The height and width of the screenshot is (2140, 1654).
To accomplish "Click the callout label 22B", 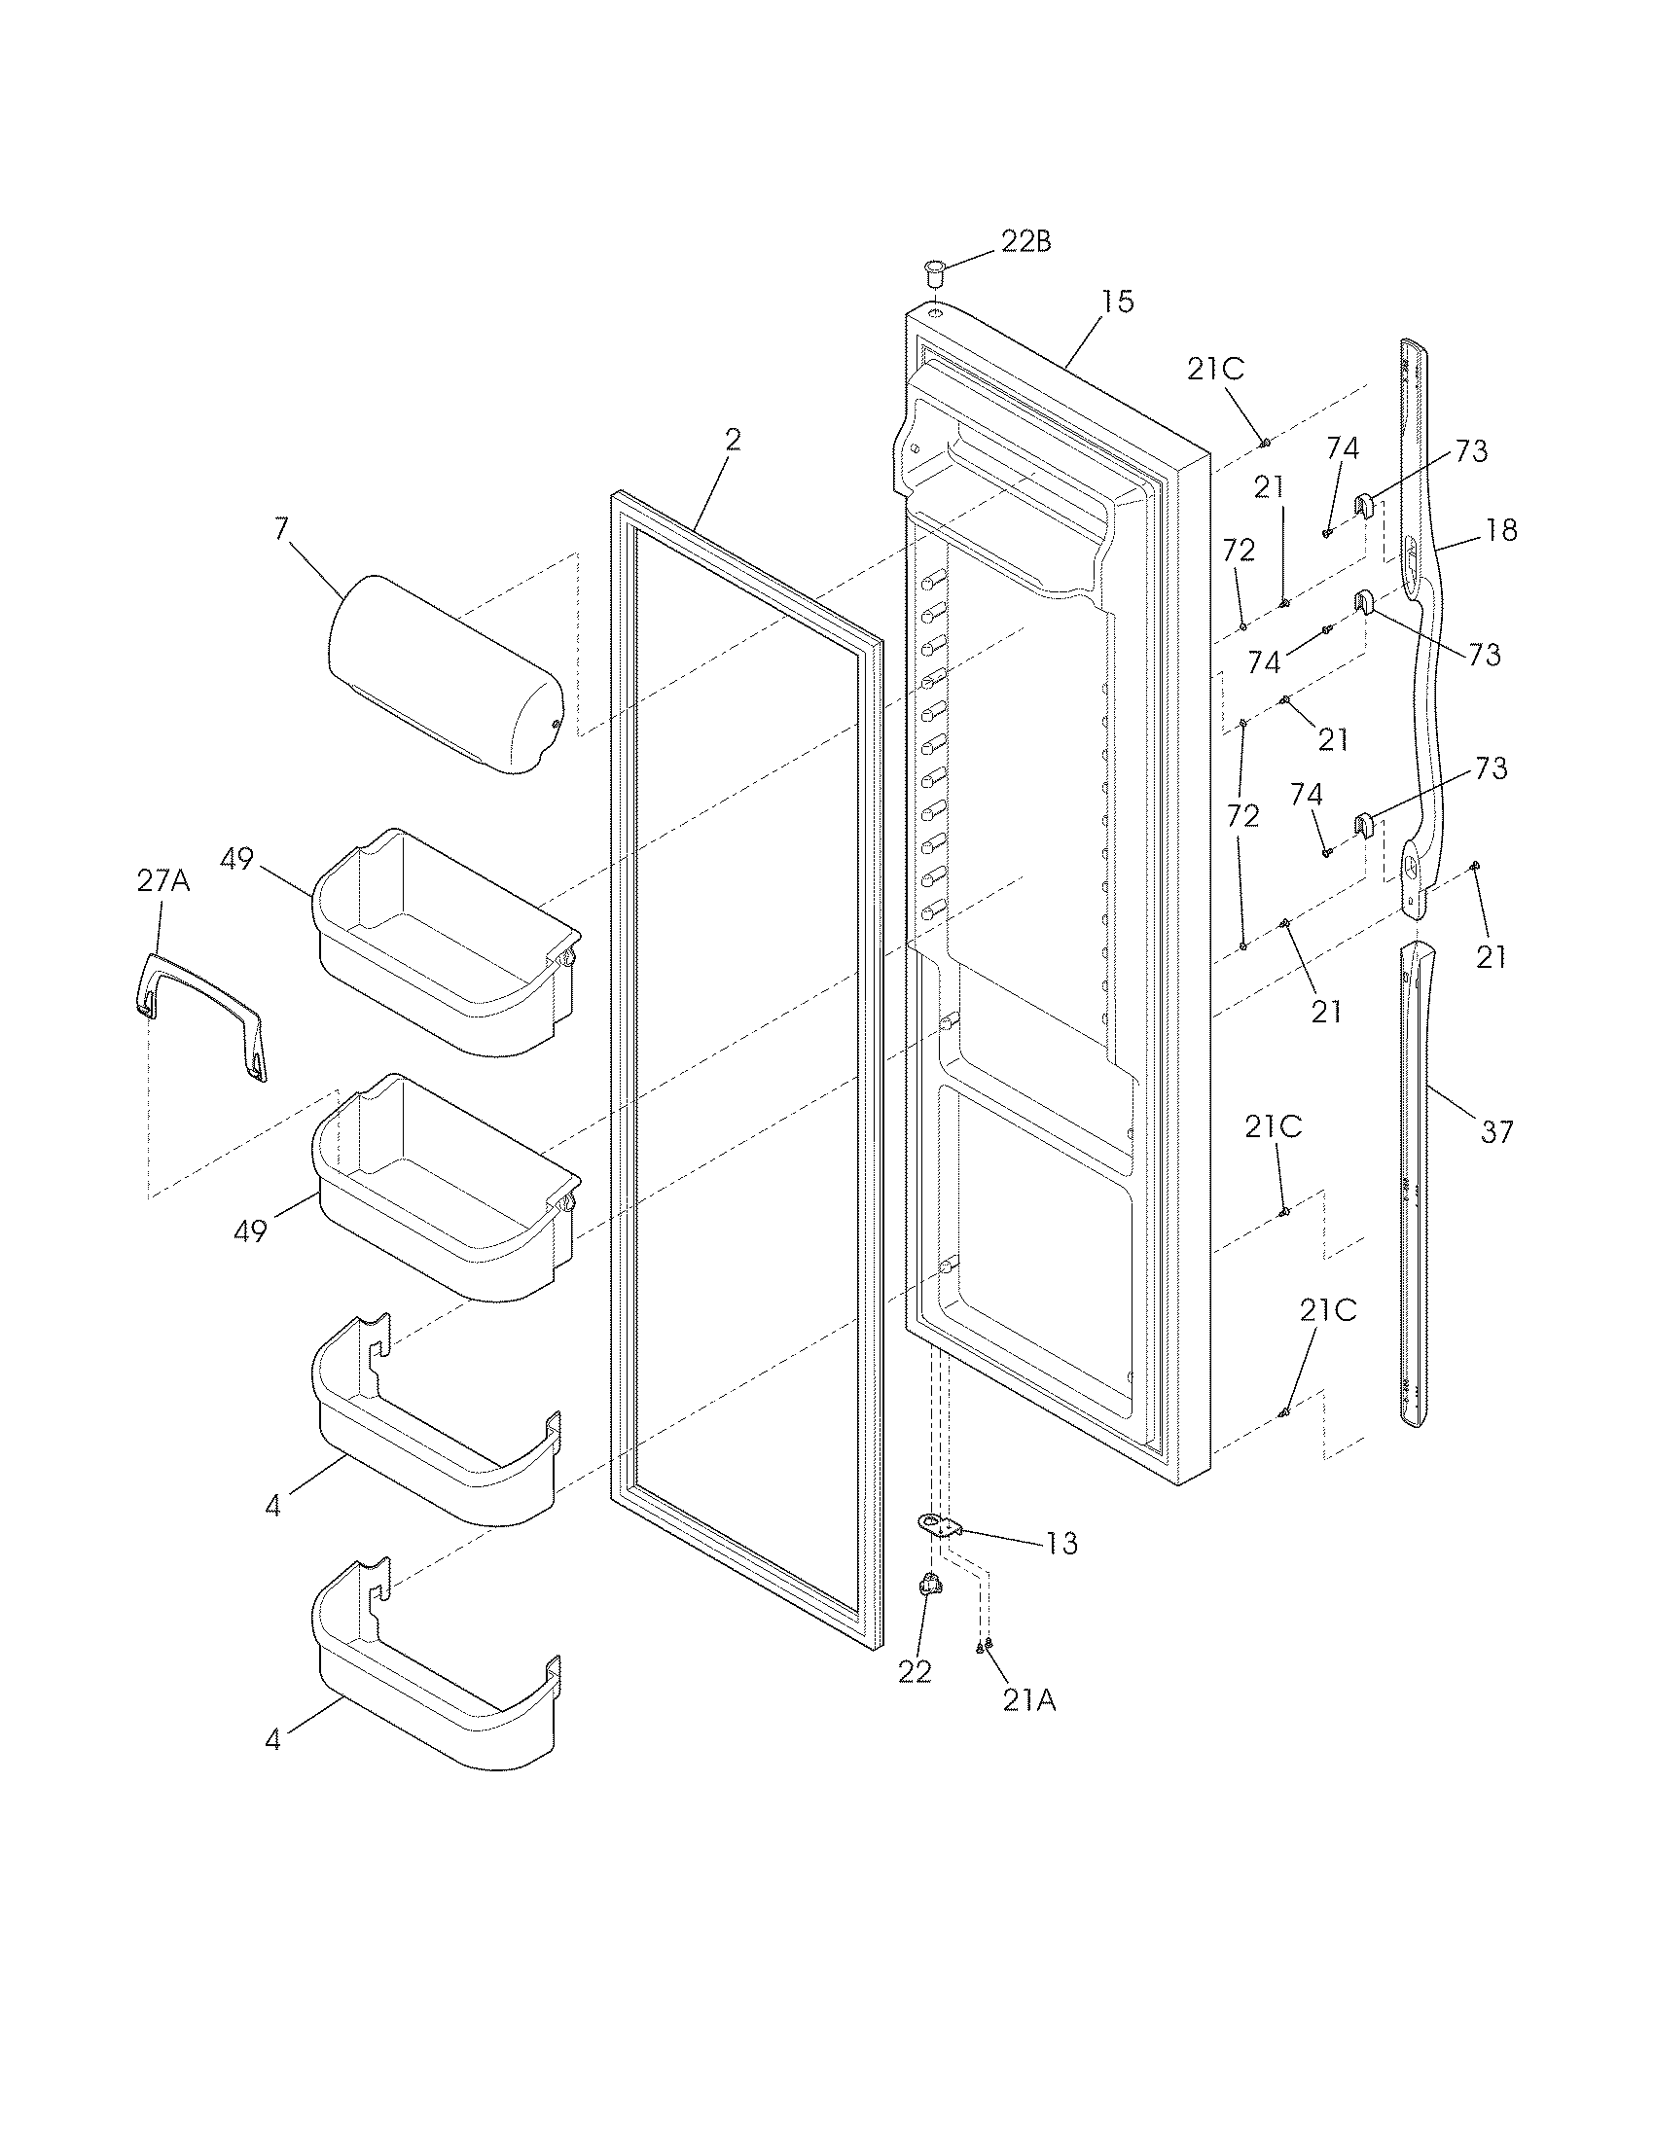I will tap(1025, 241).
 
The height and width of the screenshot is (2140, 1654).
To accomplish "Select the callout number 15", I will tap(1116, 302).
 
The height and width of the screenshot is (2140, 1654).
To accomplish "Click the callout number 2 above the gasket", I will tap(733, 440).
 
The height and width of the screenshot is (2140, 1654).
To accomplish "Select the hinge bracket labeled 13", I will tap(940, 1524).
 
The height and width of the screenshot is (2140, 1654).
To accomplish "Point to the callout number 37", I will tap(1496, 1132).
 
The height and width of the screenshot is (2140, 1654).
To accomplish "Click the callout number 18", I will tap(1501, 530).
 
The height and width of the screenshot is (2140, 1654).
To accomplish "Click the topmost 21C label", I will tap(1215, 369).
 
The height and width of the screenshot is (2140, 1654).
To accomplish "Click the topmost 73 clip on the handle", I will tap(1365, 508).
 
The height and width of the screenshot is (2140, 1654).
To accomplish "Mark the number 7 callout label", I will tap(281, 529).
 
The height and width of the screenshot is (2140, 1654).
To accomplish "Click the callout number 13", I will tap(1061, 1544).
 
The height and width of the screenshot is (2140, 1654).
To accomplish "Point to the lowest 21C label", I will tap(1328, 1311).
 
